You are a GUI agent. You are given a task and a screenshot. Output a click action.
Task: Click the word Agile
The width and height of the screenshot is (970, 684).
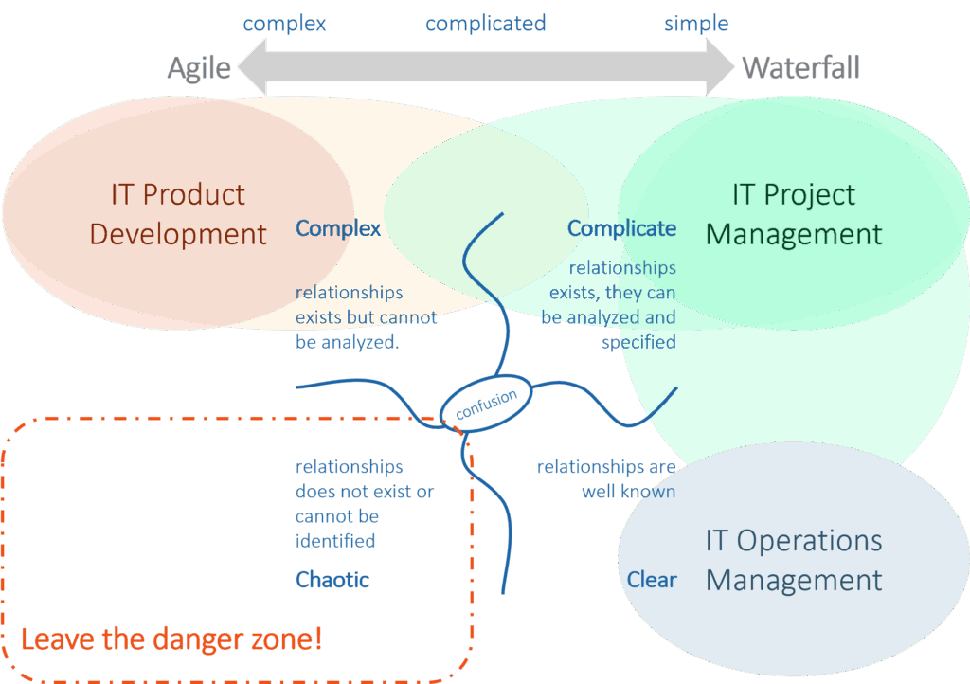199,68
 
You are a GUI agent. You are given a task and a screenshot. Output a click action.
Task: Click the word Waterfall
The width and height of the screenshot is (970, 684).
800,68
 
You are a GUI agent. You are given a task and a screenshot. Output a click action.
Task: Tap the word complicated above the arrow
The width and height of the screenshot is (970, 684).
486,23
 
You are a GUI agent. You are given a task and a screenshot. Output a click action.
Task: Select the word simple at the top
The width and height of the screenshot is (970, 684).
696,23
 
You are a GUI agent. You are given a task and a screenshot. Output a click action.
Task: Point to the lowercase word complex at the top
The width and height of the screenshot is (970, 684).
285,23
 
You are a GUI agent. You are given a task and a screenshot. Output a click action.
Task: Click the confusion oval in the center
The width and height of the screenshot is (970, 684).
486,399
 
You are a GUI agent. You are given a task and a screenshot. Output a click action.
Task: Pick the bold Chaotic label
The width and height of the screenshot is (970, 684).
332,579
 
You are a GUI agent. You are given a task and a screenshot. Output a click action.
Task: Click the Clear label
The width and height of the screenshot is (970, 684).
652,579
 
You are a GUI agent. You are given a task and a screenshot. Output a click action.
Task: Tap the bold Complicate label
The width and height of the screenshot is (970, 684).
621,228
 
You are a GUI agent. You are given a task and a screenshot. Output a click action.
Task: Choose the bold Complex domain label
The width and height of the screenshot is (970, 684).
338,228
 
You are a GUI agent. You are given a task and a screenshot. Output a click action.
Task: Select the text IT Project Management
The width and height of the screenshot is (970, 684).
794,214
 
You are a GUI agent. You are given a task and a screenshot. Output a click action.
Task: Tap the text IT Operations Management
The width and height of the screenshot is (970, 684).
794,560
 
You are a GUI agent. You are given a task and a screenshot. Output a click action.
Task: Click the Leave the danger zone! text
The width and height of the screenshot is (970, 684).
171,639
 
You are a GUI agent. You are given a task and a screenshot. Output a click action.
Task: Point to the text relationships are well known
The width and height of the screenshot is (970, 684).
606,479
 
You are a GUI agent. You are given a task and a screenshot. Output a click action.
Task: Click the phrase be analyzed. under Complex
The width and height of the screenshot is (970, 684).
348,342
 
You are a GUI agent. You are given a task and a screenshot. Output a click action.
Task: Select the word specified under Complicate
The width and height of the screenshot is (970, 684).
638,342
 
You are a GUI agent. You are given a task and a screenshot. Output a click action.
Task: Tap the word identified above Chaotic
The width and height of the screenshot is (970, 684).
335,541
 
